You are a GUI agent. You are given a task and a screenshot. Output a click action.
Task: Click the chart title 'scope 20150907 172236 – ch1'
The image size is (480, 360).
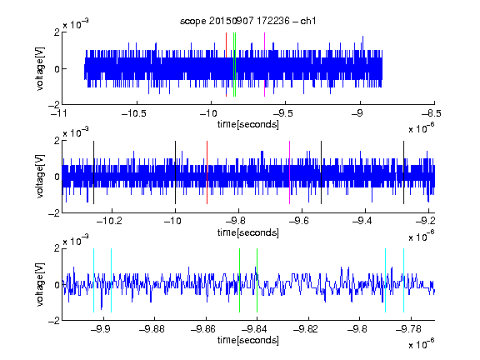pos(247,21)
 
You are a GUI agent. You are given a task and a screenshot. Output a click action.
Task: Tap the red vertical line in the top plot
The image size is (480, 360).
pos(226,65)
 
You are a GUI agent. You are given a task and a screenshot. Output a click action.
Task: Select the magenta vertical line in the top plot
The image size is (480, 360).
pos(264,65)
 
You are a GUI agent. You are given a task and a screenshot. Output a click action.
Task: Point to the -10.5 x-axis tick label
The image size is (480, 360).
pos(134,113)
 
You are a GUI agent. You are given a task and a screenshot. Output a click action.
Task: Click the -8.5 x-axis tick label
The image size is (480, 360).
pos(432,113)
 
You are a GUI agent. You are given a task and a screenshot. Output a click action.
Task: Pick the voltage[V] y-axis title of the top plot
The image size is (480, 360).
pos(40,68)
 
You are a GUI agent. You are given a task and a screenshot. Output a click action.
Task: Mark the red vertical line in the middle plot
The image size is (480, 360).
pos(207,172)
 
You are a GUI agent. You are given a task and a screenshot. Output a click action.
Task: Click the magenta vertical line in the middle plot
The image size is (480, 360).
pos(290,172)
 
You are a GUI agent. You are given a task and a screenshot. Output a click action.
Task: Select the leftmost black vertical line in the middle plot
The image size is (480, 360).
pos(93,172)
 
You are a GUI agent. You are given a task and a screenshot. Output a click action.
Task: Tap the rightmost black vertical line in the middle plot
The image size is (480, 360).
pos(403,172)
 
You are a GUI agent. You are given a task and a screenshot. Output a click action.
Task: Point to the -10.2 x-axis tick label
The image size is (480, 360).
pos(109,221)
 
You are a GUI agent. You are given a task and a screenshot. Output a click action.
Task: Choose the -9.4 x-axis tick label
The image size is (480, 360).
pos(362,221)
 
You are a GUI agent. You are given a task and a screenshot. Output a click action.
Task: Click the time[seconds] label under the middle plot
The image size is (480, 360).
pos(248,232)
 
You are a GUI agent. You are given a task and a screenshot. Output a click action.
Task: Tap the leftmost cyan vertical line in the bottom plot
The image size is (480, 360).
pos(93,280)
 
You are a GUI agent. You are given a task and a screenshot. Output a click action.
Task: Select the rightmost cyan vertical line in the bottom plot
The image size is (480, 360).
pos(403,280)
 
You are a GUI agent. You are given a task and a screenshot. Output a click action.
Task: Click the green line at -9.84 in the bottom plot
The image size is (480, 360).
pos(257,280)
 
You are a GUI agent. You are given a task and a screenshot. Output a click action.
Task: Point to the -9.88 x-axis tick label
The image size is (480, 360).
pos(152,329)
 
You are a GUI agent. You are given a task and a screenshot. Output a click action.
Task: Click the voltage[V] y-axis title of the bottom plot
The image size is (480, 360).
pos(40,285)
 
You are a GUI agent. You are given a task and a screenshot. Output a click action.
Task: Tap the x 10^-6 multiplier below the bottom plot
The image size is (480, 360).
pos(421,343)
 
